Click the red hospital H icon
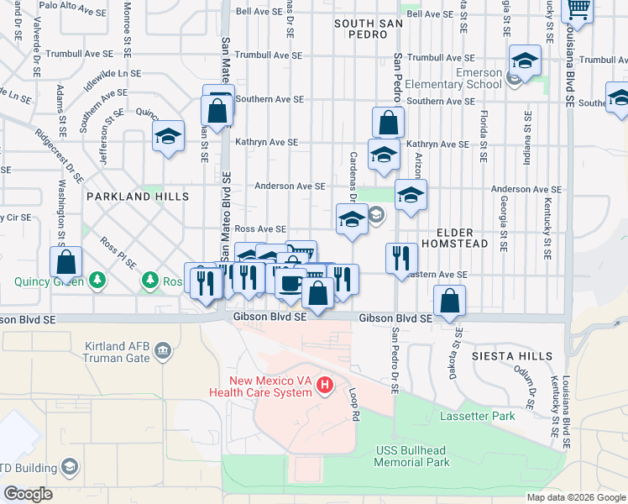[326, 386]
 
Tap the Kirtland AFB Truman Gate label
[117, 352]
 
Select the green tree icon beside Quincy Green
[98, 278]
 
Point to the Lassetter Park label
[476, 416]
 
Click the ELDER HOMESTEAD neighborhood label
[462, 238]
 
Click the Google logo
[28, 494]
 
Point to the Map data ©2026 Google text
[575, 496]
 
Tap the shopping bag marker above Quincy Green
[65, 261]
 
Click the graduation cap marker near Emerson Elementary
[525, 61]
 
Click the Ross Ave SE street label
[260, 228]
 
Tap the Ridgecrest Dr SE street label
[58, 155]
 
